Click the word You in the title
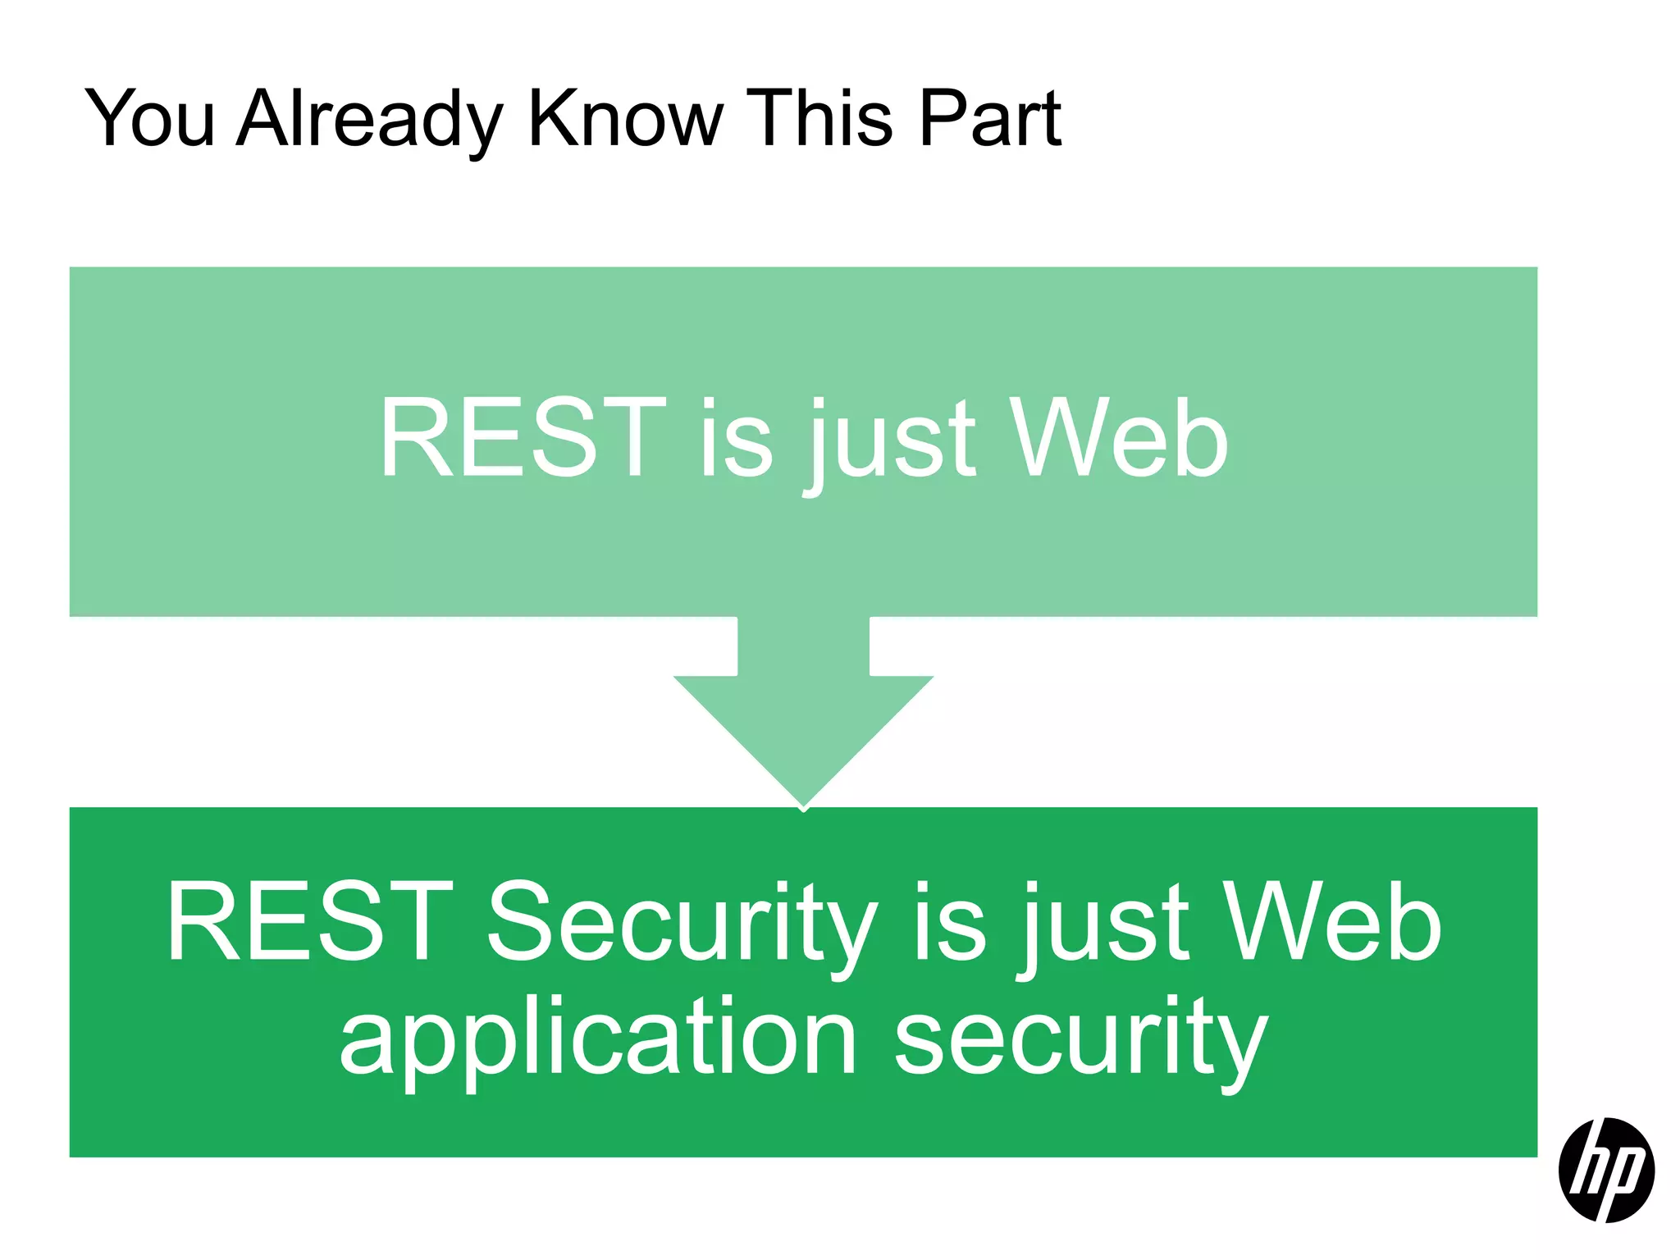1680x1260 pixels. (150, 120)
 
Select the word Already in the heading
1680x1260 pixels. (369, 120)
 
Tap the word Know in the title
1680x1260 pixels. (625, 120)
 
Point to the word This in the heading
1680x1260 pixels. (820, 120)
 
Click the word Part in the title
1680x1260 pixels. (990, 120)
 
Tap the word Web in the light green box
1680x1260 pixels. (1120, 438)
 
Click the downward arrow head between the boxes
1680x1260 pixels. (803, 730)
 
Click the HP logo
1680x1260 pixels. (1606, 1170)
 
